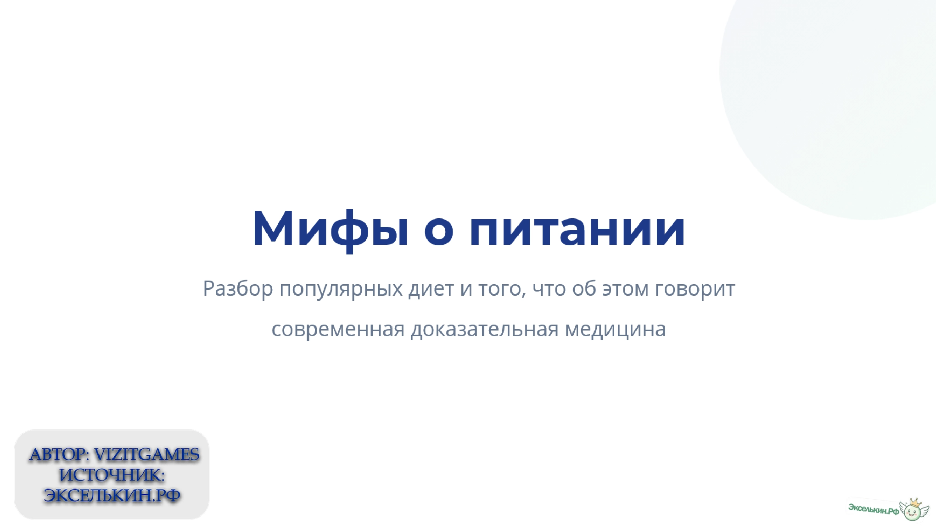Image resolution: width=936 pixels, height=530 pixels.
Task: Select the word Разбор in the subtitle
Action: pyautogui.click(x=238, y=289)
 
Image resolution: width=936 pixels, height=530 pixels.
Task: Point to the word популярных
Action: pyautogui.click(x=341, y=289)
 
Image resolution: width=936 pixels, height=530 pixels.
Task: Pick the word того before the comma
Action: pyautogui.click(x=501, y=289)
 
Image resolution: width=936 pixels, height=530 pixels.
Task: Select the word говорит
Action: pyautogui.click(x=695, y=289)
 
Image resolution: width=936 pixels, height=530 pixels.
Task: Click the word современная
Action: pyautogui.click(x=338, y=329)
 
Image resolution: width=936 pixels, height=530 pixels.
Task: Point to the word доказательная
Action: pyautogui.click(x=484, y=329)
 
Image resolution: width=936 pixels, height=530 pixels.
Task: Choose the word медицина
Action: pyautogui.click(x=615, y=329)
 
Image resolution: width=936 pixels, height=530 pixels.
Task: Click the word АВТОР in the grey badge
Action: pyautogui.click(x=58, y=455)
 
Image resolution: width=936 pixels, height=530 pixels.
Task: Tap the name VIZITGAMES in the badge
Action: pyautogui.click(x=146, y=455)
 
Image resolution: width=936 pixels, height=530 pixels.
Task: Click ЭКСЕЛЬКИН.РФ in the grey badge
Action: pyautogui.click(x=112, y=496)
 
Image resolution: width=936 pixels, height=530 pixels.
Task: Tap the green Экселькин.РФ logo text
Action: pyautogui.click(x=873, y=508)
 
